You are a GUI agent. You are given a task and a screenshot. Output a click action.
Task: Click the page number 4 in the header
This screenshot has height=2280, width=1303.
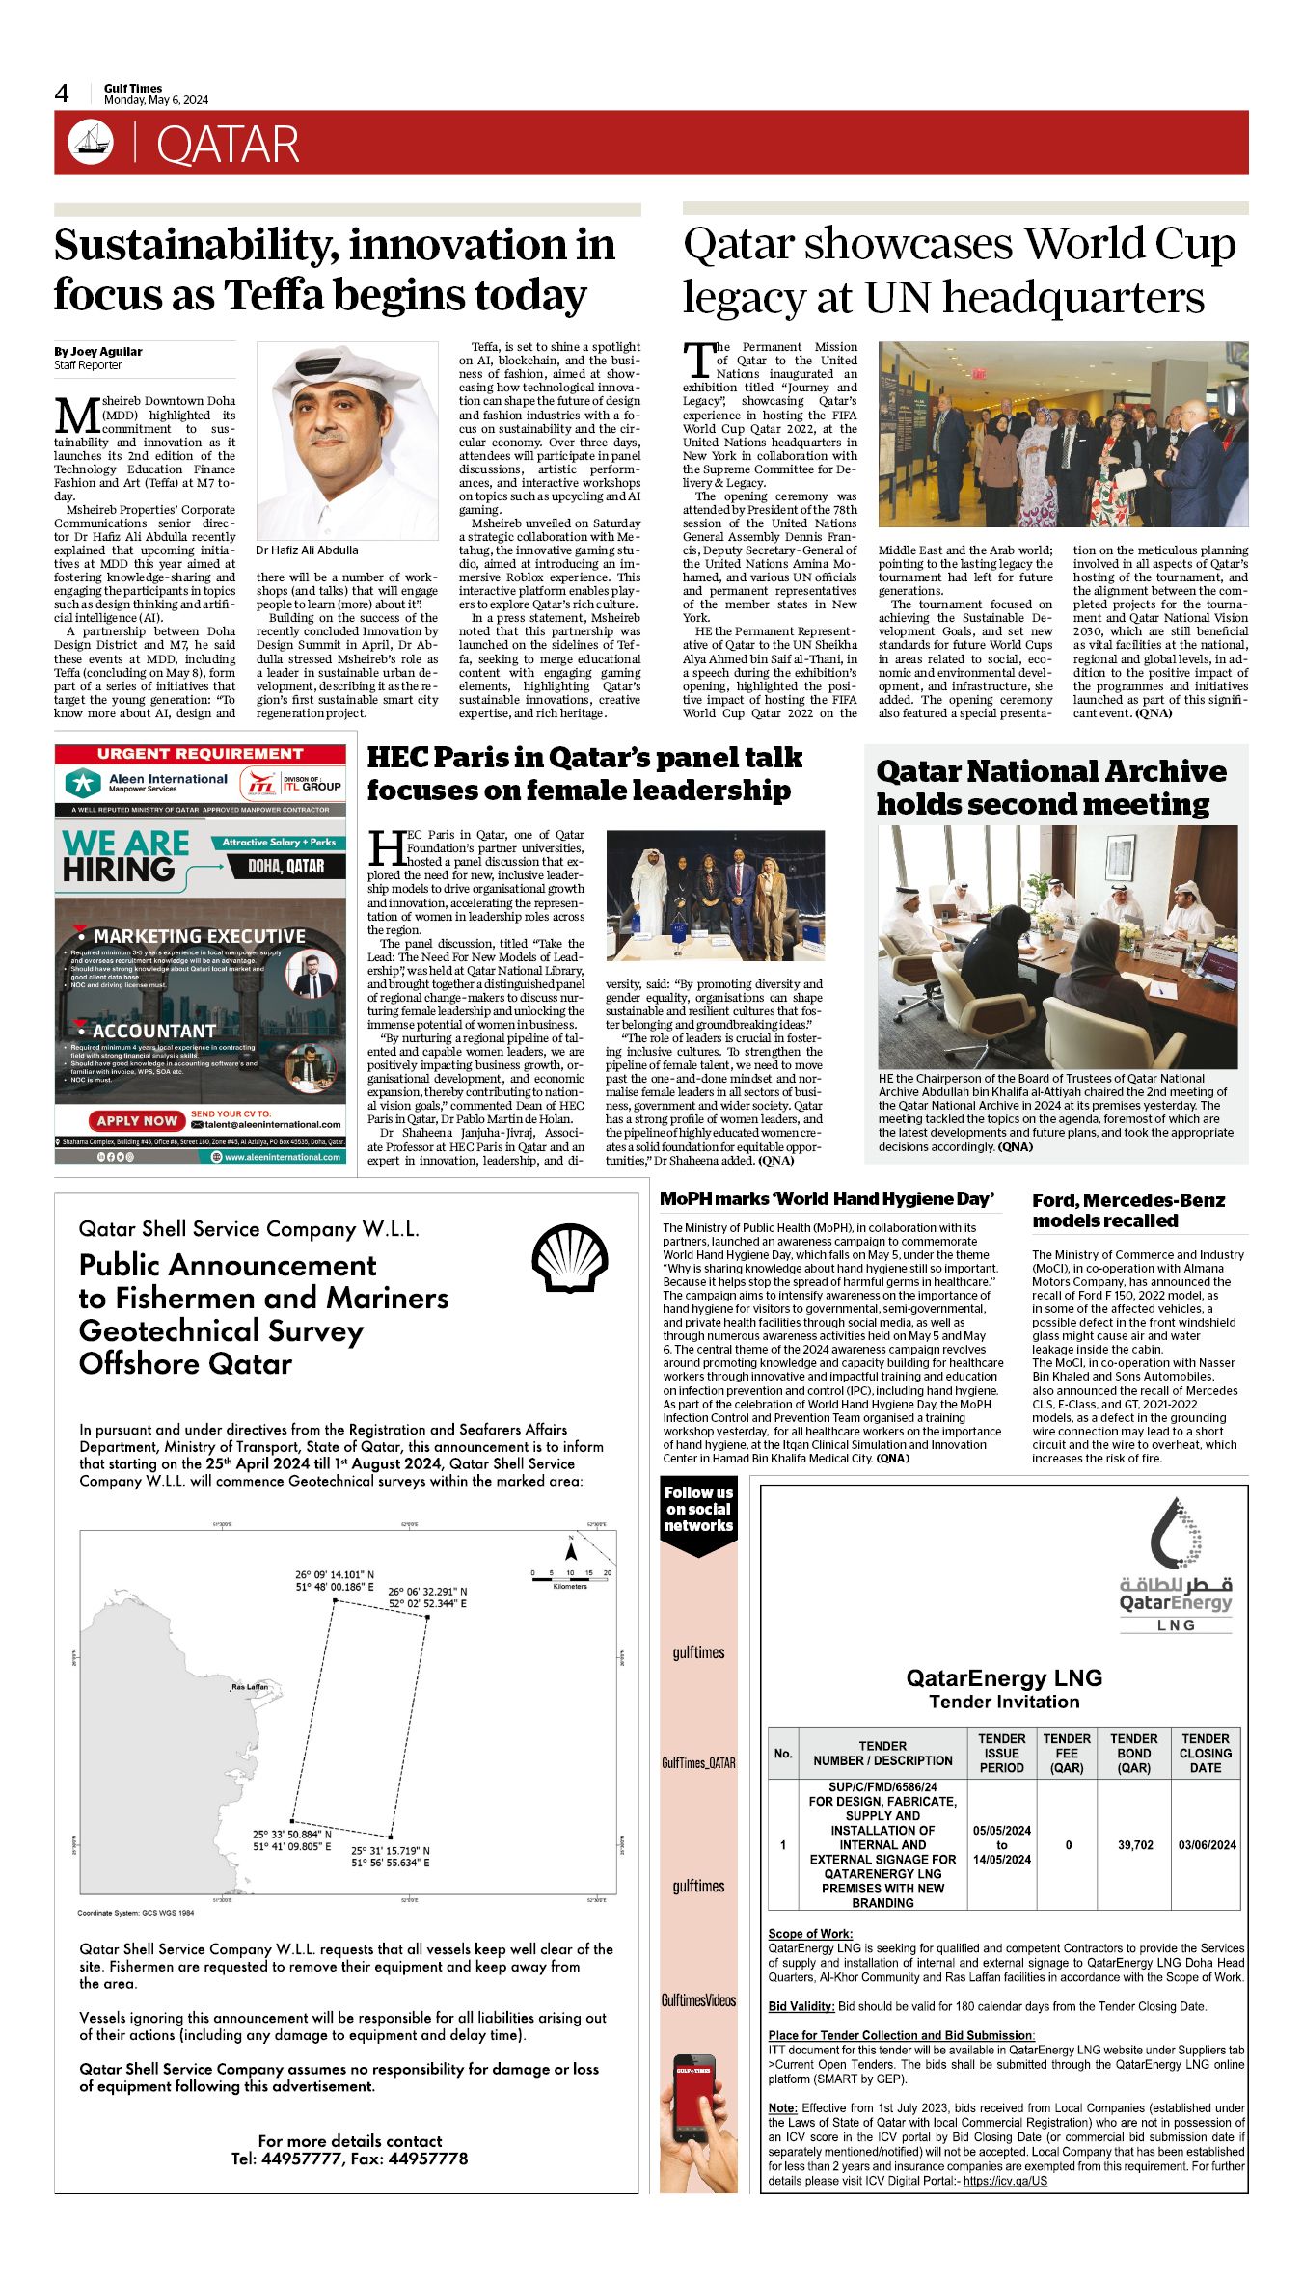click(62, 94)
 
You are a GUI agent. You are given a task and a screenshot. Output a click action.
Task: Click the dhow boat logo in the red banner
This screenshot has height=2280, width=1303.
click(91, 142)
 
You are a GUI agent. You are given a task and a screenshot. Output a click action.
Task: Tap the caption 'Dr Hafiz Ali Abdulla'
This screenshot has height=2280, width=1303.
click(307, 550)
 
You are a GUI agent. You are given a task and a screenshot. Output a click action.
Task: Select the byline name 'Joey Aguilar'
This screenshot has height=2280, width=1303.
click(106, 352)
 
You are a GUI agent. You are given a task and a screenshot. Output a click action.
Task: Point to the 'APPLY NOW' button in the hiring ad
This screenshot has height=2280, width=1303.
click(137, 1120)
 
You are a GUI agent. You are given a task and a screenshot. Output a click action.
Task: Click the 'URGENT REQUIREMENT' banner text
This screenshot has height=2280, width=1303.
click(200, 754)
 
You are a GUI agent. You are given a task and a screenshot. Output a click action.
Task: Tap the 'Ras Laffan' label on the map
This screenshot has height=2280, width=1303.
click(250, 1687)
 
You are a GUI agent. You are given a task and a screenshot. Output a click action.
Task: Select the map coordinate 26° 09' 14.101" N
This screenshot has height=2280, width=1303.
click(335, 1575)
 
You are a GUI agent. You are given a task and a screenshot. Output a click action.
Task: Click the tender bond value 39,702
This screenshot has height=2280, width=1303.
click(1135, 1845)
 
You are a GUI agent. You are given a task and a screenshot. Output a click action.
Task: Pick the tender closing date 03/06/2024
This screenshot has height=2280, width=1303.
click(1207, 1845)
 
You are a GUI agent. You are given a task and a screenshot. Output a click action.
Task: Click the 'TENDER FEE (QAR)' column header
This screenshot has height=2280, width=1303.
click(1067, 1753)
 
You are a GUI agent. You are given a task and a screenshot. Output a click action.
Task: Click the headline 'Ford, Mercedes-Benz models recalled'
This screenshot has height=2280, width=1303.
click(1128, 1210)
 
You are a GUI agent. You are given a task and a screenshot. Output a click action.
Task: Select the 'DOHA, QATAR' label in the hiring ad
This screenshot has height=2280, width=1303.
click(285, 866)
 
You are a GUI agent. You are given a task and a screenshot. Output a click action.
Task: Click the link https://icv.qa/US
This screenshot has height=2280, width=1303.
click(1005, 2181)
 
